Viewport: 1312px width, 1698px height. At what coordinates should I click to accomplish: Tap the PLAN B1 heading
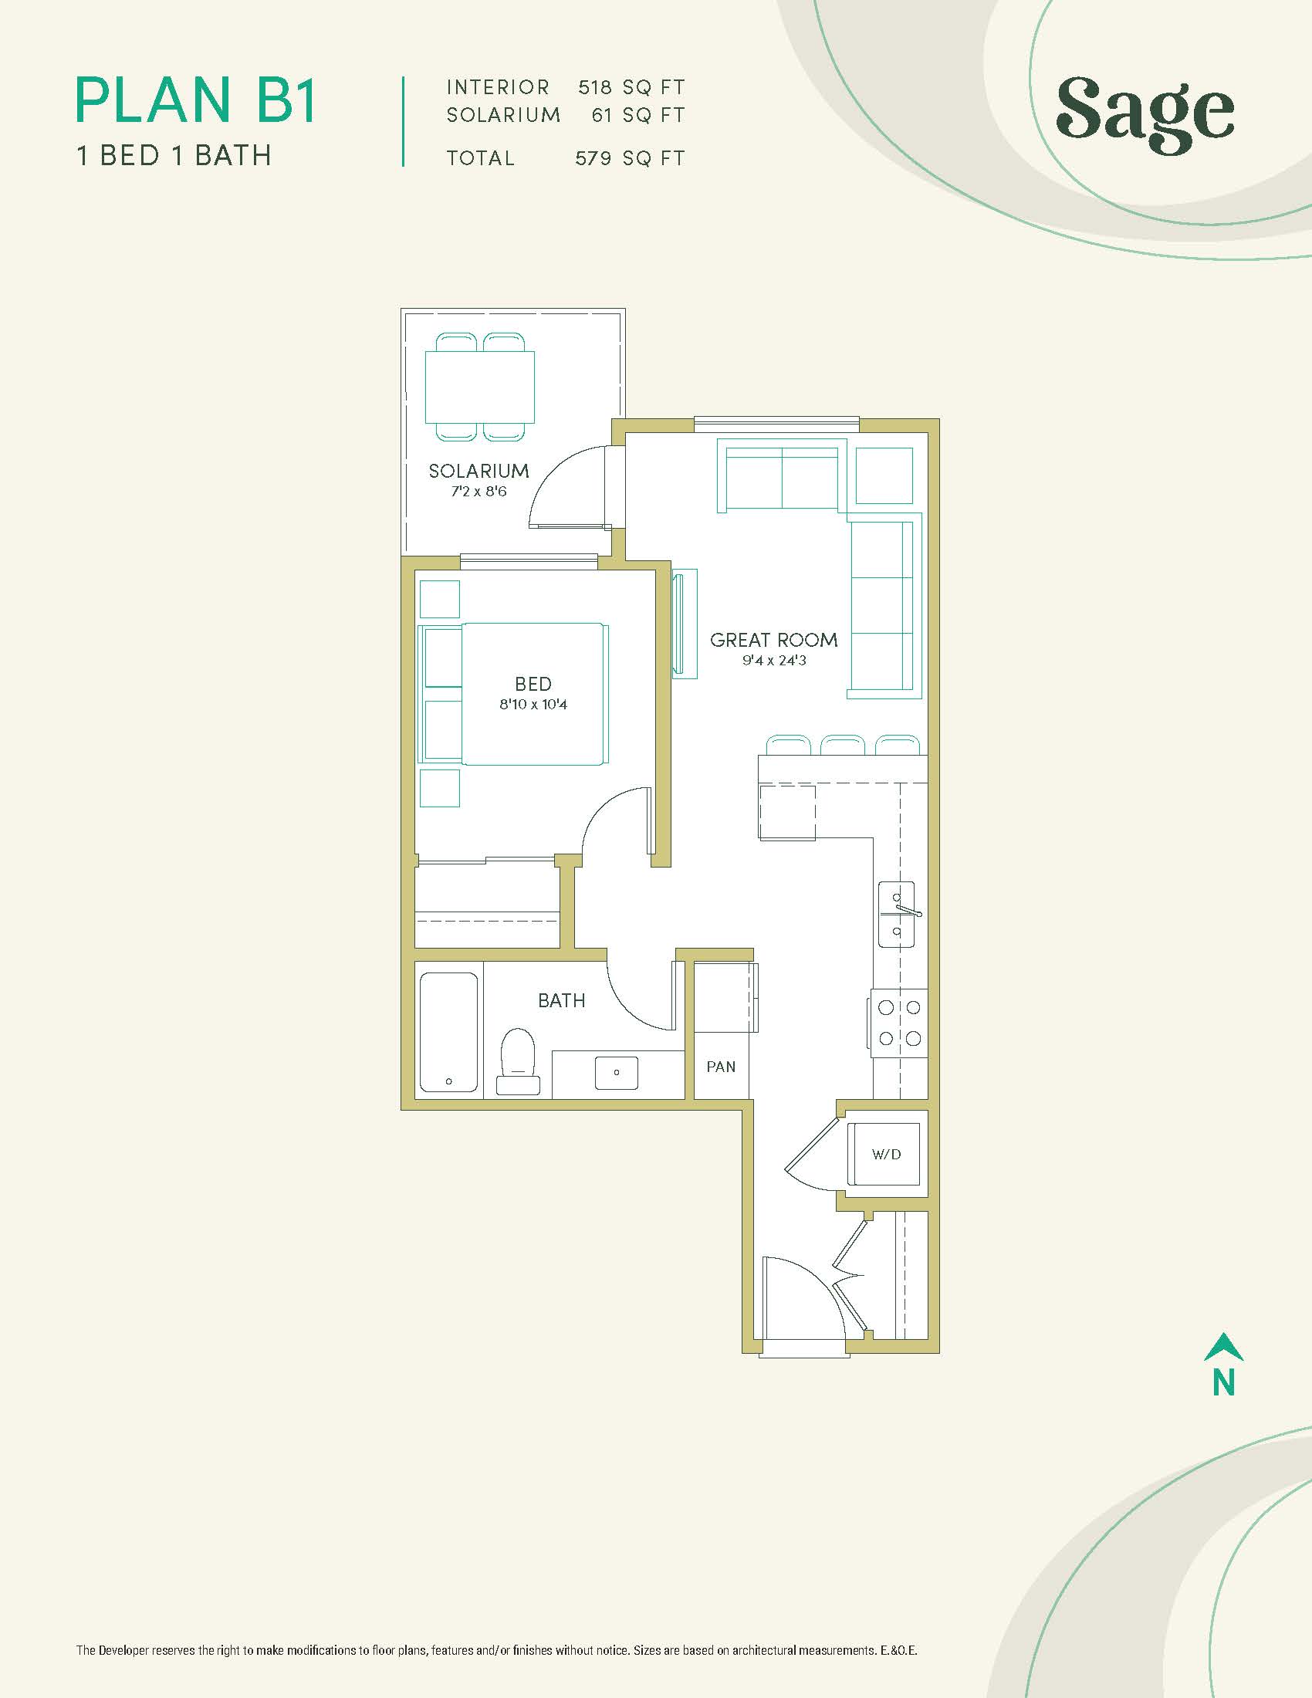[196, 100]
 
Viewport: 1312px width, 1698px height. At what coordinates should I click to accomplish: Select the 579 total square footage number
[593, 158]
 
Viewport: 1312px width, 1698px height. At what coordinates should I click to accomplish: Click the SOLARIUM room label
[478, 470]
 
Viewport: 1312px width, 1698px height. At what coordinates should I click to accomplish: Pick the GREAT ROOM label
[773, 640]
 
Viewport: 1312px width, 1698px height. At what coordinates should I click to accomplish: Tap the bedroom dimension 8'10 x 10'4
[533, 705]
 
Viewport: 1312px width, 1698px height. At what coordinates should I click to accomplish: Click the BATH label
[561, 1000]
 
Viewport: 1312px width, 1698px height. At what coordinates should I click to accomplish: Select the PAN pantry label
[721, 1067]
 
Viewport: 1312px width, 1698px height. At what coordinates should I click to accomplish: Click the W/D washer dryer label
[886, 1155]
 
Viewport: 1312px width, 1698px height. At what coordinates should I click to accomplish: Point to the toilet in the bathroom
[518, 1061]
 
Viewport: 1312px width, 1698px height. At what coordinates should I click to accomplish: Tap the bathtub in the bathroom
[448, 1033]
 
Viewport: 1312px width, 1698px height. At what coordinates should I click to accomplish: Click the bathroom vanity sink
[617, 1072]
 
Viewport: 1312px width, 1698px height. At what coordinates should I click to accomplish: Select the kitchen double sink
[898, 915]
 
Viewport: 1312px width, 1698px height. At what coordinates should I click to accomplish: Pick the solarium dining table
[479, 387]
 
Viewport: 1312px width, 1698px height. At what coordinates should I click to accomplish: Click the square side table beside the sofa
[884, 475]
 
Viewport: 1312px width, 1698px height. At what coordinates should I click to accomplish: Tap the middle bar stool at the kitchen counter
[843, 745]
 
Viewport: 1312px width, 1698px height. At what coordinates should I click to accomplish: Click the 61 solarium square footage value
[602, 116]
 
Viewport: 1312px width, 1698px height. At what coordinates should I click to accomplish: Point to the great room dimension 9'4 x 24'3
[773, 661]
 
